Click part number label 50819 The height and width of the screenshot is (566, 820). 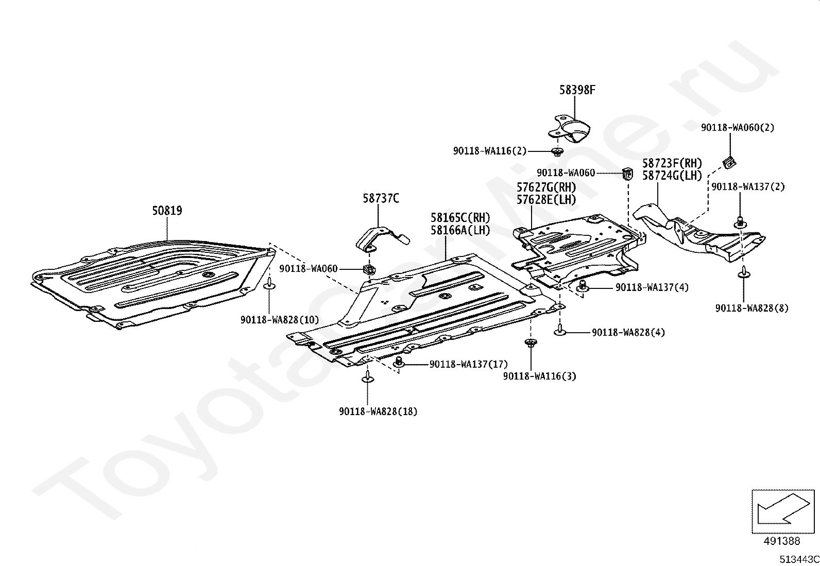tap(167, 211)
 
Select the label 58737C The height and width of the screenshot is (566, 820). tap(381, 198)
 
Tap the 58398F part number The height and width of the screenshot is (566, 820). tap(577, 90)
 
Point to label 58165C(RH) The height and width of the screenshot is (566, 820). tap(460, 218)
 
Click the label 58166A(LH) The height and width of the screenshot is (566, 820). tap(460, 230)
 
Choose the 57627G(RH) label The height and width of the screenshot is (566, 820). tap(546, 187)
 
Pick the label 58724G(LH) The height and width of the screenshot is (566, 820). tap(672, 176)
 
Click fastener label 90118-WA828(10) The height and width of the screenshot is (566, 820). tap(280, 320)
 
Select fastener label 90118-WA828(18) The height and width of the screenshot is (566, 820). tap(378, 411)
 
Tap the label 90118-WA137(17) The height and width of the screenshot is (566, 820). tap(469, 364)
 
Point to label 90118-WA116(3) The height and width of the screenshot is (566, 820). tap(540, 376)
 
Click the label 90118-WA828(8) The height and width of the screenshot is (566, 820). tap(752, 308)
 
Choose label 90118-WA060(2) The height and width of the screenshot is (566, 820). tap(738, 128)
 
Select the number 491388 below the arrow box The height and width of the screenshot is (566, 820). tap(782, 541)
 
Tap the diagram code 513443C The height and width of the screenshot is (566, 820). tap(799, 559)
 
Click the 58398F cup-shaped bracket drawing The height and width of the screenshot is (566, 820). tap(569, 129)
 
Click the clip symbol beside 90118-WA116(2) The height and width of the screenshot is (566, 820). tap(557, 151)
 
